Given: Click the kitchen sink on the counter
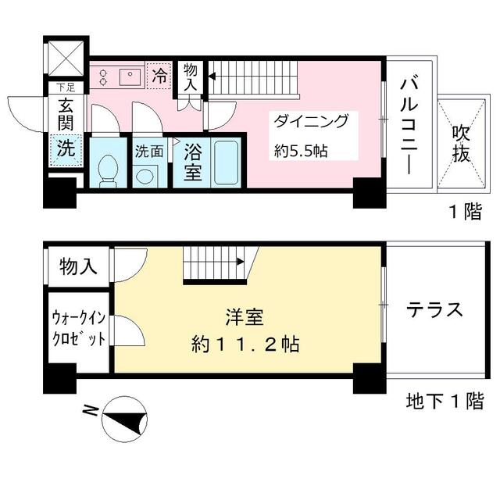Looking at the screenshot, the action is [x=131, y=76].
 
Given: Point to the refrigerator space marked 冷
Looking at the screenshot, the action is [x=159, y=76].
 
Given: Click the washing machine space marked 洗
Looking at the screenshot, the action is [x=66, y=150].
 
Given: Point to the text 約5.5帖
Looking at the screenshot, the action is [x=301, y=151].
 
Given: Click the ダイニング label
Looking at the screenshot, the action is [x=311, y=121].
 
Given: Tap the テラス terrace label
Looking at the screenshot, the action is [x=434, y=309].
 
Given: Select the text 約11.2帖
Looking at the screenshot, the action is [x=245, y=344].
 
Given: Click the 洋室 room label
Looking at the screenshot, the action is [x=245, y=318].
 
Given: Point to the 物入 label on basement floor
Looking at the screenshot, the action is [x=78, y=266].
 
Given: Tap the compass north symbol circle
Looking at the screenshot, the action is [x=124, y=419].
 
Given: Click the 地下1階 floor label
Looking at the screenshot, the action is [x=445, y=401].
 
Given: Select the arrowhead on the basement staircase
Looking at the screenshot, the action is [x=240, y=262].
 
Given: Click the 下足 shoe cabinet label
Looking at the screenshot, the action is [x=66, y=87].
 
